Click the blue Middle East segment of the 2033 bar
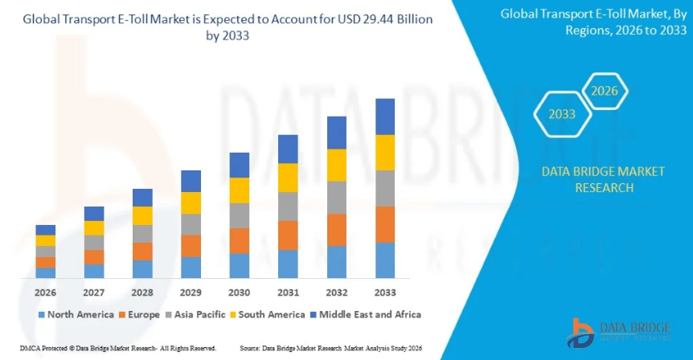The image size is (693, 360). click(385, 117)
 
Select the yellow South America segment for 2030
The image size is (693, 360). click(240, 190)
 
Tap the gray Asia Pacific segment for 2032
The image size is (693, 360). click(337, 198)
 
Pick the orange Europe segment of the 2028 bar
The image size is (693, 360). click(142, 252)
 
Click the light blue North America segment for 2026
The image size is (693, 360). click(46, 273)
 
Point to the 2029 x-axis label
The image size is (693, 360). click(191, 292)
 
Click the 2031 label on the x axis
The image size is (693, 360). click(288, 292)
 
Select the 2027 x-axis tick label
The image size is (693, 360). click(94, 292)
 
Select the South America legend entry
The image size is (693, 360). click(268, 314)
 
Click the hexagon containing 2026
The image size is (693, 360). click(605, 91)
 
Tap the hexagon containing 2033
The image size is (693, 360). click(562, 114)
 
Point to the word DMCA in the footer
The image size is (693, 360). click(17, 348)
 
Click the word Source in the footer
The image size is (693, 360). click(250, 348)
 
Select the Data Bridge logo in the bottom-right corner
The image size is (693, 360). click(618, 331)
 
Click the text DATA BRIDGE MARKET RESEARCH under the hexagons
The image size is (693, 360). click(587, 179)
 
